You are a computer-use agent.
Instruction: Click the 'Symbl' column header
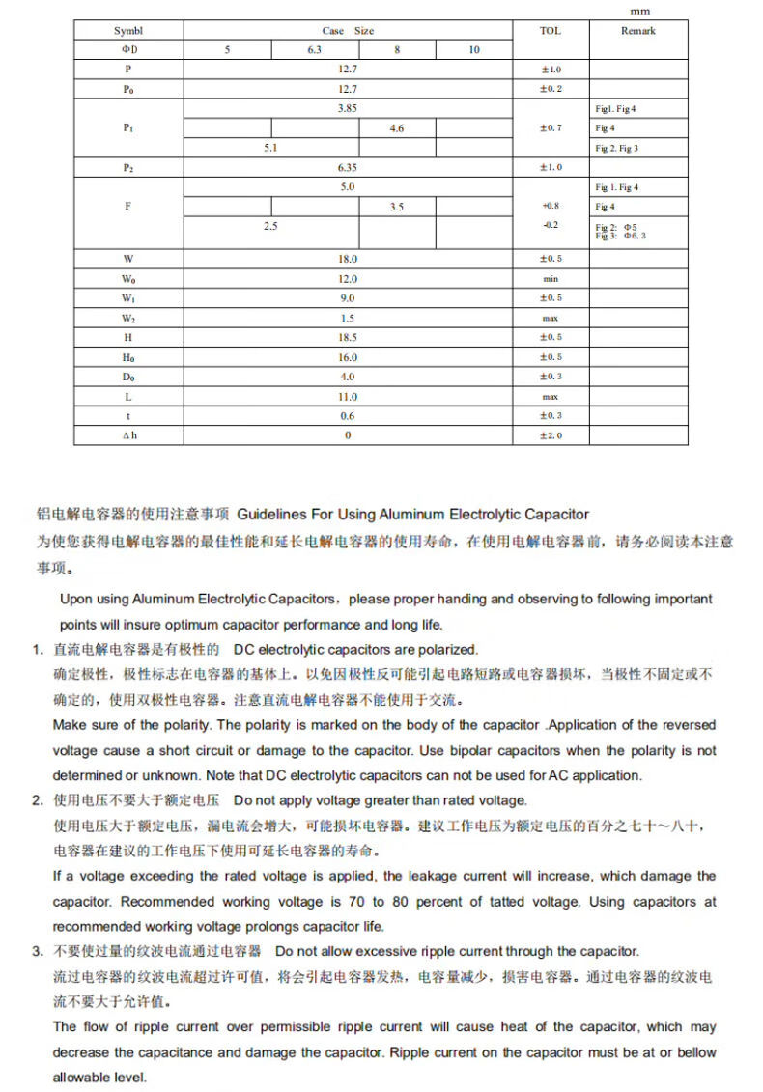[128, 31]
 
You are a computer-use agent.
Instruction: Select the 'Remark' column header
[637, 31]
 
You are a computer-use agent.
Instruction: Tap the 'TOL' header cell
[550, 31]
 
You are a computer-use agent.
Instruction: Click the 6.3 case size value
[314, 50]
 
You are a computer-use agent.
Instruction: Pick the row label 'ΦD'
[128, 50]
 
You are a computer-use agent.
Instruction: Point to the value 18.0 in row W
[348, 259]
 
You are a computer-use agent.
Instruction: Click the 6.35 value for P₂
[348, 167]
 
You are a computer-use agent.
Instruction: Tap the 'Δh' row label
[128, 435]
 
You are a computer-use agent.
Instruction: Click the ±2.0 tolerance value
[550, 435]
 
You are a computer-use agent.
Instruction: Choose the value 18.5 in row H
[348, 337]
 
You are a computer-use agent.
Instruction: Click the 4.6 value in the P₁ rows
[397, 128]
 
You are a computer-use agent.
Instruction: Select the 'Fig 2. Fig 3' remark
[616, 148]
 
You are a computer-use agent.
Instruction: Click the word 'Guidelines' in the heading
[271, 514]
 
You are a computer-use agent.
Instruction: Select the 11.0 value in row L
[348, 396]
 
